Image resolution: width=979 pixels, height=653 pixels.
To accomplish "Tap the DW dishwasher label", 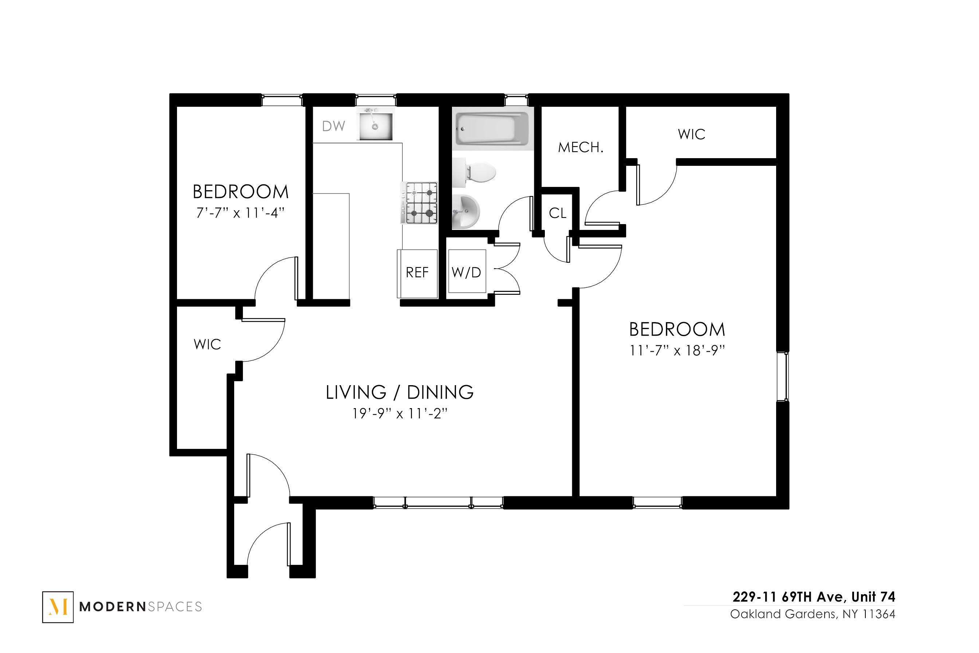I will (x=334, y=126).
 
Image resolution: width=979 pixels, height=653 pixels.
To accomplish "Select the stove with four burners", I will (x=419, y=204).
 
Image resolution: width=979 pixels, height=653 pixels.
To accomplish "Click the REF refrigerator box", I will (x=417, y=273).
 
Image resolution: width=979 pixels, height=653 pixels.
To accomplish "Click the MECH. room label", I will (x=580, y=148).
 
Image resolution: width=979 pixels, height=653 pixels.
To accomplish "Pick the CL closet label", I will (x=558, y=213).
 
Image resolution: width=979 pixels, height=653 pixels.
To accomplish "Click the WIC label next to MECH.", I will (x=691, y=134).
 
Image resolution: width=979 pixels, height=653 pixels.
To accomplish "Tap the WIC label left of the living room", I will (x=207, y=344).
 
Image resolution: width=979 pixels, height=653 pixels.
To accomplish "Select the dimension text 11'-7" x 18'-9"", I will (x=677, y=351).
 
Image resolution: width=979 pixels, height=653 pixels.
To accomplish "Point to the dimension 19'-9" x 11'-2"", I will (x=400, y=414).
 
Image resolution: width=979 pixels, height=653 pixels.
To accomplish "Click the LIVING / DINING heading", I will (x=400, y=392).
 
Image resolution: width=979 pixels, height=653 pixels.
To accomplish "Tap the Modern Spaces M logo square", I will (x=58, y=607).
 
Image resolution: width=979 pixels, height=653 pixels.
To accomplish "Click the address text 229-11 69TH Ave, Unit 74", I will (x=813, y=597).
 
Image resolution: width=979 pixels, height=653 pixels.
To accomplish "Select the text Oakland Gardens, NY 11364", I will (x=812, y=614).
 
